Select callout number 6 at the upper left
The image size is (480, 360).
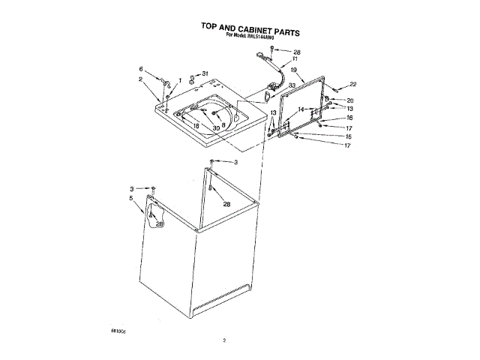140,69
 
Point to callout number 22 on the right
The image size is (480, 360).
353,84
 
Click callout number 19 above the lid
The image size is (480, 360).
295,70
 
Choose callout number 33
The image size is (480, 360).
292,85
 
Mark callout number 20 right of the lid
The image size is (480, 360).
349,100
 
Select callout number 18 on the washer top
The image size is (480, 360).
196,126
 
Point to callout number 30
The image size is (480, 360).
216,128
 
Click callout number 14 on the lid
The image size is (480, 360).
301,109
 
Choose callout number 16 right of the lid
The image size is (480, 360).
349,118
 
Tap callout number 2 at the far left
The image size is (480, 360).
139,79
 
